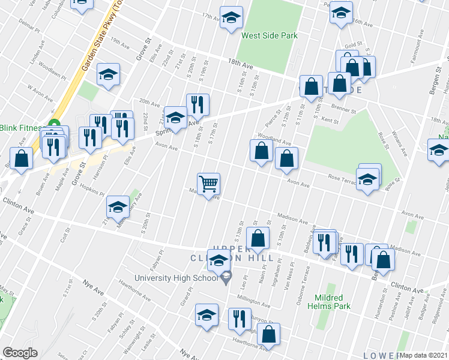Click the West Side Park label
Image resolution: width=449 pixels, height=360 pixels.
pos(270,36)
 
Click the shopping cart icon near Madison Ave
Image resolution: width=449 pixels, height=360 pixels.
pos(209,184)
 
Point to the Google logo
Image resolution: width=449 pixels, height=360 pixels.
pos(20,353)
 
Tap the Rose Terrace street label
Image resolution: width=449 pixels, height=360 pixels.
pos(343,177)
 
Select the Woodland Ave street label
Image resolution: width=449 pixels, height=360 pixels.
pos(274,140)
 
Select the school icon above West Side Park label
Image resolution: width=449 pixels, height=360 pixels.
pos(231,19)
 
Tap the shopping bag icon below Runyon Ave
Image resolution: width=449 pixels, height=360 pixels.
pos(270,335)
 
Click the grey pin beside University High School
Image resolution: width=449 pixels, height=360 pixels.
pos(226,278)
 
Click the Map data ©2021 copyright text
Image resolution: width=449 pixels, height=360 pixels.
pos(424,355)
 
